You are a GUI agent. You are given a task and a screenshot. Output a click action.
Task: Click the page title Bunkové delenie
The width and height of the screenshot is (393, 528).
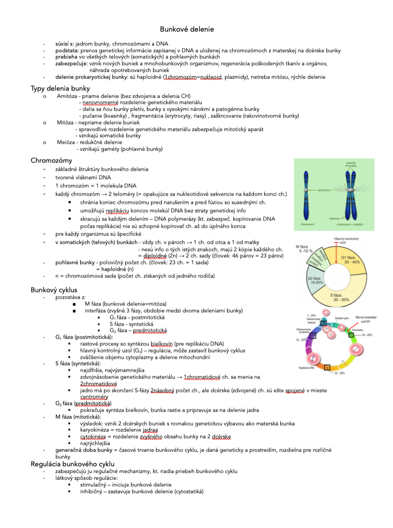coord(187,30)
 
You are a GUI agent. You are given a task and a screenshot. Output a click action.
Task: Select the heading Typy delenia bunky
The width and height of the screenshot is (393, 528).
coord(60,89)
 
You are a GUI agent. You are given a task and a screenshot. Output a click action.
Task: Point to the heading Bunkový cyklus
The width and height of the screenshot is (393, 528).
coord(54,290)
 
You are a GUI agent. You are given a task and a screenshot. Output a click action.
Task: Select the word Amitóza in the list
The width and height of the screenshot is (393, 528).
coord(67,96)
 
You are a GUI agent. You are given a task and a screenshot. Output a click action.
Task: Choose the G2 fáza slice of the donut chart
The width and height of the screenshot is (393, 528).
coord(314,283)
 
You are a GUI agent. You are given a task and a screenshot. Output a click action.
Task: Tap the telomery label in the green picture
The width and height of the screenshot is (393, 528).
coord(335,219)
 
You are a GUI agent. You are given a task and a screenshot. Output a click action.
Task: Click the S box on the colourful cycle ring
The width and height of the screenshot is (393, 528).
coord(327,366)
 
